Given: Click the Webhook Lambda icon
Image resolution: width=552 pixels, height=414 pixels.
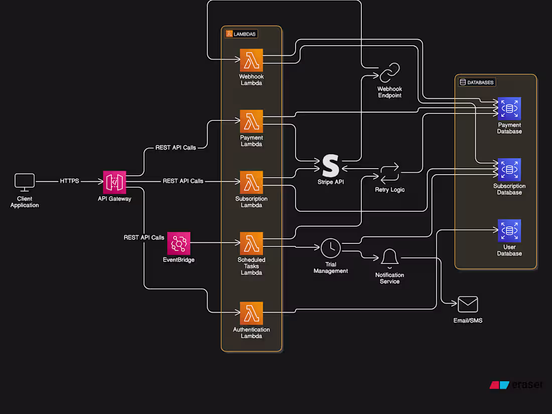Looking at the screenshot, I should pyautogui.click(x=251, y=60).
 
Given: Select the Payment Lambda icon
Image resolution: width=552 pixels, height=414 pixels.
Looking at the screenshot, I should pyautogui.click(x=251, y=121).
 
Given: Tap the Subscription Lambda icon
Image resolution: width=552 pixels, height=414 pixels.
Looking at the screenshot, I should pyautogui.click(x=251, y=182).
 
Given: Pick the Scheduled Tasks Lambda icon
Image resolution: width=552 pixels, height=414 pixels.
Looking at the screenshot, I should pyautogui.click(x=251, y=243).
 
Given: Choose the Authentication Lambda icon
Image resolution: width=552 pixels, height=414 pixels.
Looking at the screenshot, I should pyautogui.click(x=251, y=313).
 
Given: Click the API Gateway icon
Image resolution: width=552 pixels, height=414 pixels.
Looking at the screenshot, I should pyautogui.click(x=114, y=182).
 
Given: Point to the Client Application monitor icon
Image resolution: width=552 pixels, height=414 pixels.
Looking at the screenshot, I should pyautogui.click(x=25, y=182).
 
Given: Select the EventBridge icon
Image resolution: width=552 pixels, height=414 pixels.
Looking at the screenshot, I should pyautogui.click(x=179, y=243).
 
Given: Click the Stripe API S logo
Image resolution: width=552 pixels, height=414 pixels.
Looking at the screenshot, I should pyautogui.click(x=331, y=165).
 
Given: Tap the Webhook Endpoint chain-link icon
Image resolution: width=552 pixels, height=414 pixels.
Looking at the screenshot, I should pyautogui.click(x=389, y=73).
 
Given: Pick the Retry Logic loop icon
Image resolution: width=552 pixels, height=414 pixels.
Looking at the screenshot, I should pyautogui.click(x=390, y=173).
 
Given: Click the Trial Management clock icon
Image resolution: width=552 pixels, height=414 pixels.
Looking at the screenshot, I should pyautogui.click(x=331, y=248).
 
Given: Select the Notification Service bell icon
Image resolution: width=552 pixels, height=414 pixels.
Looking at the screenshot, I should pyautogui.click(x=389, y=257).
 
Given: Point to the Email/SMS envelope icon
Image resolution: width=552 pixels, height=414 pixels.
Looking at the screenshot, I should pyautogui.click(x=468, y=305).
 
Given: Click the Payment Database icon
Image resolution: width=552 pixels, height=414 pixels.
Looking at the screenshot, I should pyautogui.click(x=509, y=109).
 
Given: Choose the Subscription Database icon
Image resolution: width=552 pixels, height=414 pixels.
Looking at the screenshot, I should pyautogui.click(x=509, y=170).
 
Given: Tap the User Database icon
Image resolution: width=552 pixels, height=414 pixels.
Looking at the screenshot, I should pyautogui.click(x=509, y=231).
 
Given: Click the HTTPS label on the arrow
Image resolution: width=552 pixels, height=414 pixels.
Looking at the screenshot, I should pyautogui.click(x=69, y=181).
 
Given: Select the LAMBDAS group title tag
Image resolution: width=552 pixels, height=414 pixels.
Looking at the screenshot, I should pyautogui.click(x=241, y=34).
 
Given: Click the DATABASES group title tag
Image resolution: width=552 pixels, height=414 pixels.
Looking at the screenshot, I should pyautogui.click(x=477, y=82).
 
